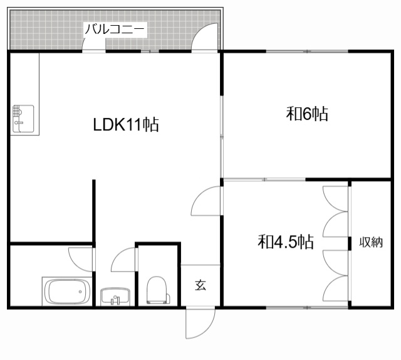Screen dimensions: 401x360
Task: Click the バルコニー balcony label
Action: tap(115, 29)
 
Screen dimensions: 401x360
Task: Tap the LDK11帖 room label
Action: tap(126, 125)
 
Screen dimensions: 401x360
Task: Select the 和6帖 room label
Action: tap(307, 114)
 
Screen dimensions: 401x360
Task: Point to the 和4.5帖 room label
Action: tap(286, 241)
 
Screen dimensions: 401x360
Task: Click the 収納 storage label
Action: tap(371, 242)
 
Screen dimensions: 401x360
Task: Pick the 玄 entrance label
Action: tap(200, 285)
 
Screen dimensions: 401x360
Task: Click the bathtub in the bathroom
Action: tap(67, 292)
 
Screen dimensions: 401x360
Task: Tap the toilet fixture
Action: tap(157, 290)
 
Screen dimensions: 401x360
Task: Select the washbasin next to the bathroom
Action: tap(115, 297)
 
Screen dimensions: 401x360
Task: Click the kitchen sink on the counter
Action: tap(23, 119)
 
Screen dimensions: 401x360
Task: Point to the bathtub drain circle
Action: tap(80, 292)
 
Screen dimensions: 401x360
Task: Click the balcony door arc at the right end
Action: tap(199, 31)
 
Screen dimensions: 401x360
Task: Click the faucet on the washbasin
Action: tap(115, 300)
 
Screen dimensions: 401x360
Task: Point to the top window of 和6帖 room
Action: tap(307, 51)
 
